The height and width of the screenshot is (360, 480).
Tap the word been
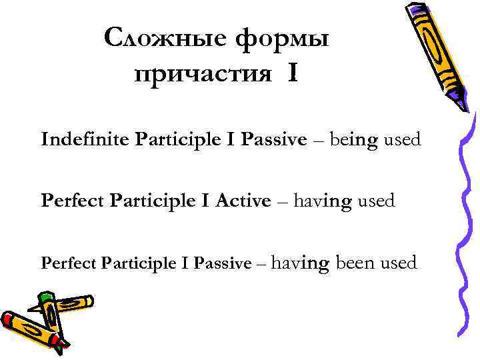[x=356, y=263]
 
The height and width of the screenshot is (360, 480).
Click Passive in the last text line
[x=222, y=263]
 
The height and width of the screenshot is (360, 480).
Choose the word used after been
[x=399, y=263]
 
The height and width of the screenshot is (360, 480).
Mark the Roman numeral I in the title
[x=294, y=73]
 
